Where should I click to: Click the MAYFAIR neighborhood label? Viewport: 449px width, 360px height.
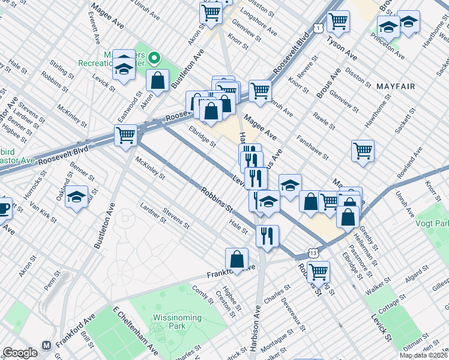pyautogui.click(x=396, y=86)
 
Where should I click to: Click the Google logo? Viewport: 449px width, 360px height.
pyautogui.click(x=20, y=352)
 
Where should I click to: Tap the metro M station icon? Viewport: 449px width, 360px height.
pyautogui.click(x=46, y=346)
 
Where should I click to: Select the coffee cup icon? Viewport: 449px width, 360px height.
pyautogui.click(x=4, y=208)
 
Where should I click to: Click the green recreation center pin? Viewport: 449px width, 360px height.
pyautogui.click(x=154, y=58)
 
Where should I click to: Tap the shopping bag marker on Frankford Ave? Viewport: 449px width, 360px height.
pyautogui.click(x=237, y=260)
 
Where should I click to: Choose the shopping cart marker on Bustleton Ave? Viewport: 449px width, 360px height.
pyautogui.click(x=125, y=136)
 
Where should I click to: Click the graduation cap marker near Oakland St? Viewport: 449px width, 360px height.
pyautogui.click(x=77, y=197)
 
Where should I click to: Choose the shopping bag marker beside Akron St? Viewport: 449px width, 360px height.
pyautogui.click(x=157, y=80)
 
